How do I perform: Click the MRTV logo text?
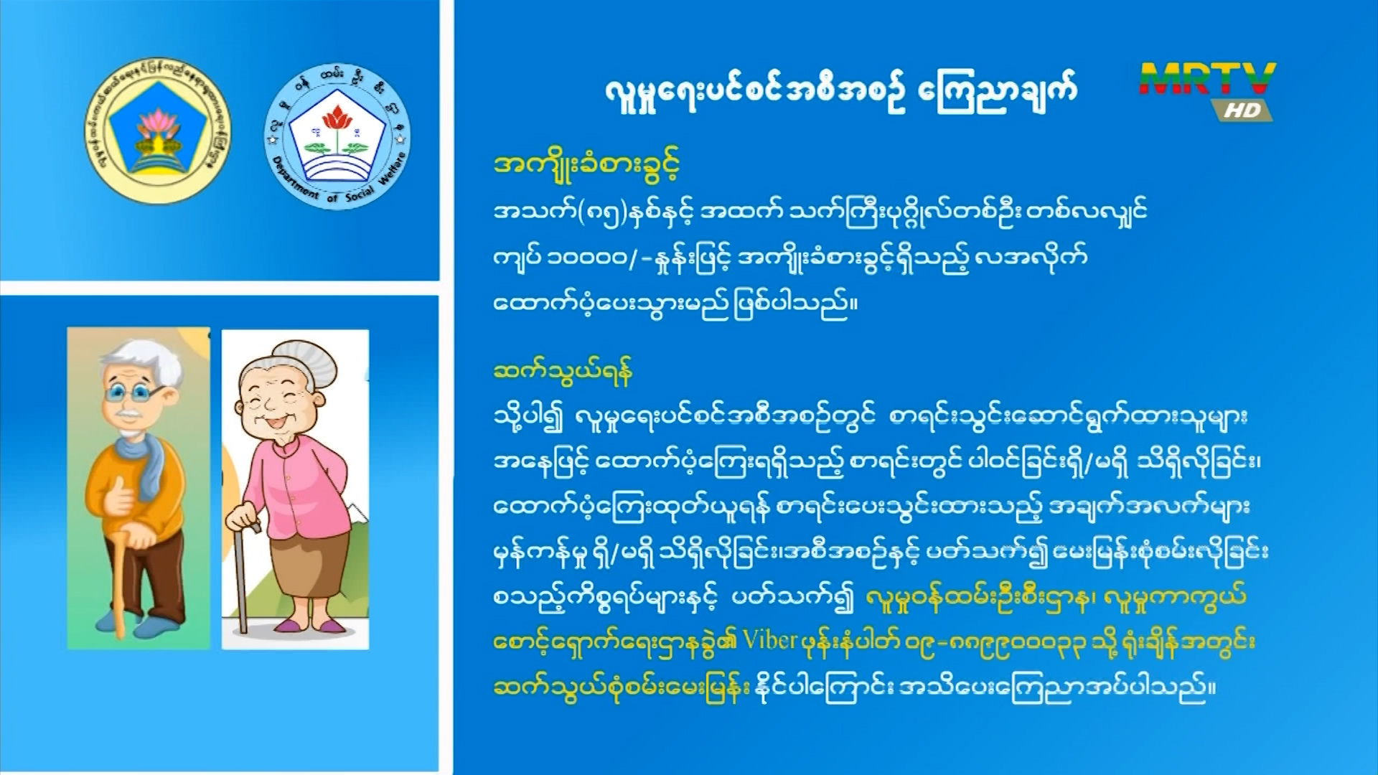click(1207, 80)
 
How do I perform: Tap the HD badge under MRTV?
click(1242, 110)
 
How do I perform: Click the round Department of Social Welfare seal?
click(337, 136)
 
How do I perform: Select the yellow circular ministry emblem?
click(157, 131)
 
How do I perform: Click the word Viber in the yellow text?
click(769, 640)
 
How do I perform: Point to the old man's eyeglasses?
click(133, 394)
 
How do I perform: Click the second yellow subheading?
click(563, 372)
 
